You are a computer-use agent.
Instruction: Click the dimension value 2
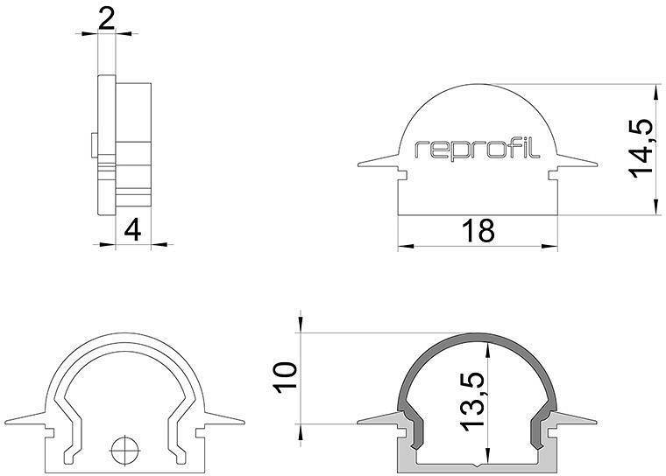click(106, 18)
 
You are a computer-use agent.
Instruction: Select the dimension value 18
click(478, 231)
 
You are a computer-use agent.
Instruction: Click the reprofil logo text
click(478, 149)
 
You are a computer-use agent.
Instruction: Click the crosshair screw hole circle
click(124, 451)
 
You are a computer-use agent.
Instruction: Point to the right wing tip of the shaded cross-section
click(598, 418)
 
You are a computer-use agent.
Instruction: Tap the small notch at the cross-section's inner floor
click(478, 462)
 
